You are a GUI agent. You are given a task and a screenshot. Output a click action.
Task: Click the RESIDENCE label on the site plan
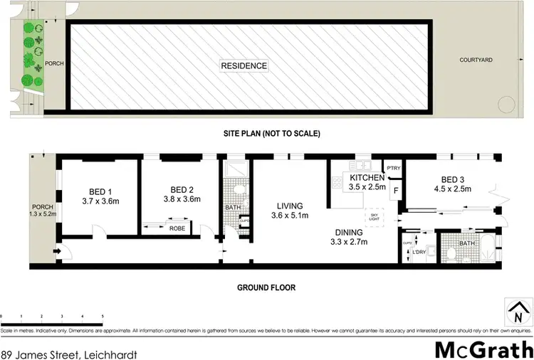coord(244,66)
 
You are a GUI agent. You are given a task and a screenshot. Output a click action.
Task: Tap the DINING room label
coord(350,232)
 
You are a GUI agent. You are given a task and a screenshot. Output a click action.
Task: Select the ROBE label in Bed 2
coord(177,229)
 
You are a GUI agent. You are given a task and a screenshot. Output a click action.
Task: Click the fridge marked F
coord(395,191)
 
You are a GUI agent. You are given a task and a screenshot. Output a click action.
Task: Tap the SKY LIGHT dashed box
coord(373,216)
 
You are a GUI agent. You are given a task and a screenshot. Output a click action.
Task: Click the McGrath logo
coord(484,349)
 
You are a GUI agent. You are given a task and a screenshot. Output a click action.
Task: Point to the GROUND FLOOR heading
coord(267,288)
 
